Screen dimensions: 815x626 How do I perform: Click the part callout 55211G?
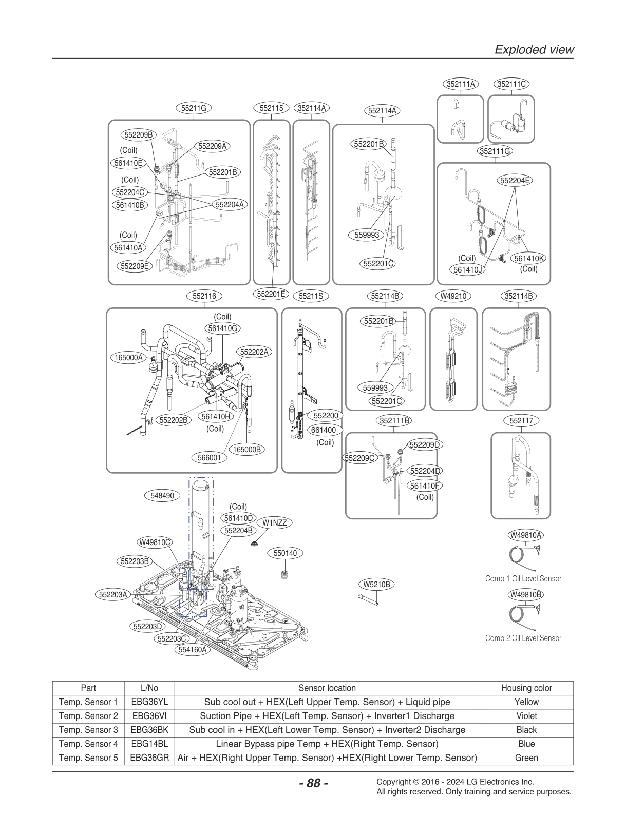coord(194,108)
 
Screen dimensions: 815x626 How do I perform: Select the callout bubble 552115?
coord(271,108)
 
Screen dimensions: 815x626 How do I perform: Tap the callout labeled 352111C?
coord(511,84)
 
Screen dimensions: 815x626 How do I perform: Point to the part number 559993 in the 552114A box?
coord(367,235)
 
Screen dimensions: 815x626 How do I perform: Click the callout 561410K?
coord(529,259)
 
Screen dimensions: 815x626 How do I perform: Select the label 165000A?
coord(128,358)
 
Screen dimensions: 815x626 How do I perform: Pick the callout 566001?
coord(209,457)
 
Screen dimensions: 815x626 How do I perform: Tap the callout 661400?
coord(323,430)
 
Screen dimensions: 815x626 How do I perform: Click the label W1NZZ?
coord(274,523)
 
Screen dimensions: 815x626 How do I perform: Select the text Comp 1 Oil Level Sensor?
coord(523,578)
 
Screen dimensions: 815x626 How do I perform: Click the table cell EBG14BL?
coord(149,744)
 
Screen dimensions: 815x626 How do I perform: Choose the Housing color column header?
coord(526,688)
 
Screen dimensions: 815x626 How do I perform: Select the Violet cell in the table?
coord(526,716)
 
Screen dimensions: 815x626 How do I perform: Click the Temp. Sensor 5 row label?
coord(88,758)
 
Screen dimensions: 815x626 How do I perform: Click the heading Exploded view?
coord(534,50)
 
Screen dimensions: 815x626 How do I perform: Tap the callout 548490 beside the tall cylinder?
coord(162,496)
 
